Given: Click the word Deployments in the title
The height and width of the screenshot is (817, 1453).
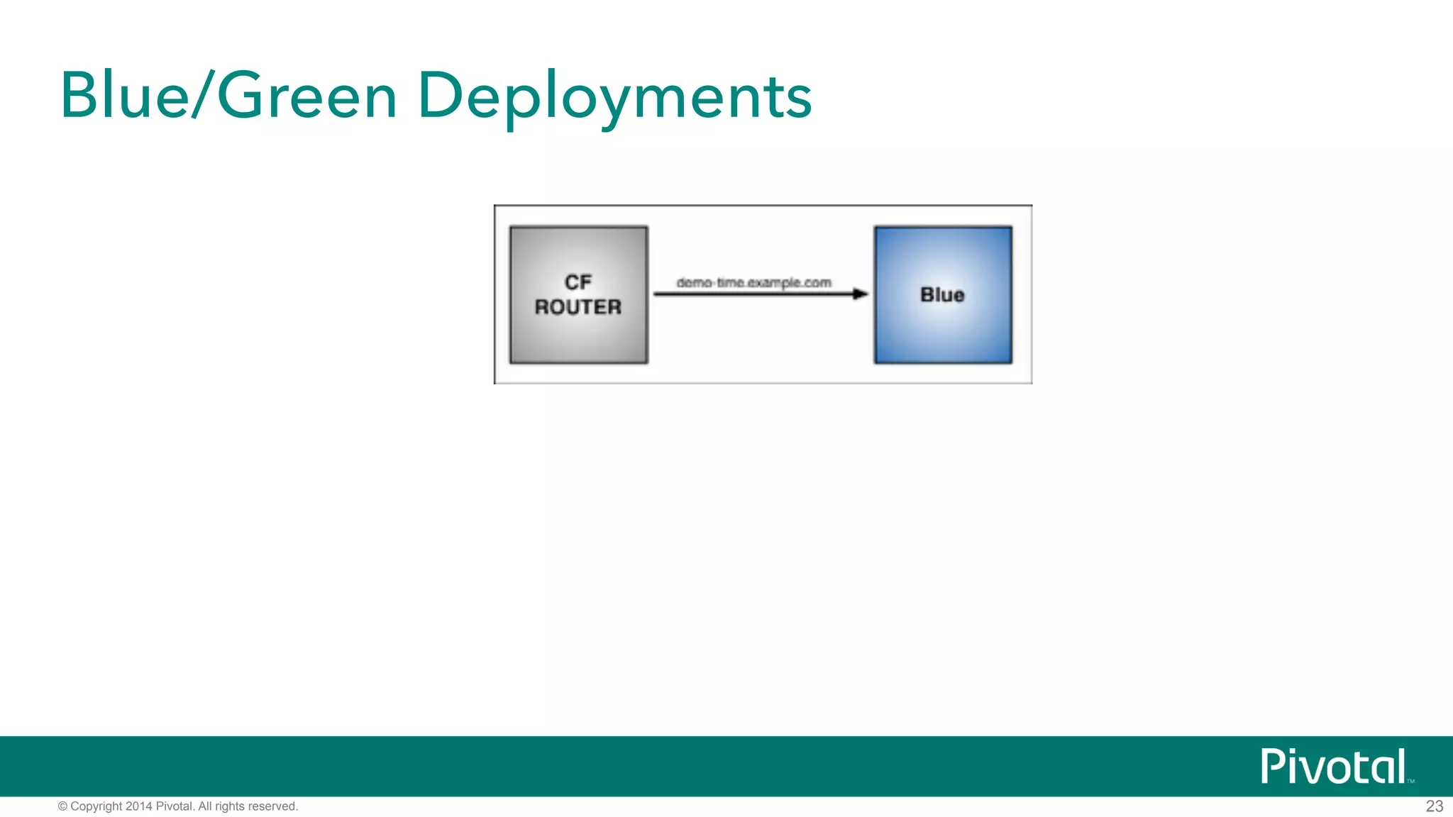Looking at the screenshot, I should pos(614,97).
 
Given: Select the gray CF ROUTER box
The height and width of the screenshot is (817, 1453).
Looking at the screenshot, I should pos(579,333).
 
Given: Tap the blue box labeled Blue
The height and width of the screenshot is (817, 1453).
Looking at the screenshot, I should pos(943,333).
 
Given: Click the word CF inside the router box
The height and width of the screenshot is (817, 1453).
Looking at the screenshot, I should pos(578,282).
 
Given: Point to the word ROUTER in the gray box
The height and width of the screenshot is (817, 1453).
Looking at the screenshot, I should pos(578,307).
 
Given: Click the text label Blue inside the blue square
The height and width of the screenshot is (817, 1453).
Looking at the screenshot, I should pos(942,294).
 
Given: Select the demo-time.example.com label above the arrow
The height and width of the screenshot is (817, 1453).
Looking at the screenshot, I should pos(753,282).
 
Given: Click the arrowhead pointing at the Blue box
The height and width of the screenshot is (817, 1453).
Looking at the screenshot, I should pos(861,294).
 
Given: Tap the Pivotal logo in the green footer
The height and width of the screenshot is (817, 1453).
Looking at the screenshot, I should pos(1333,767).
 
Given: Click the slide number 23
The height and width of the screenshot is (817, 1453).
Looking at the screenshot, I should pos(1434,806).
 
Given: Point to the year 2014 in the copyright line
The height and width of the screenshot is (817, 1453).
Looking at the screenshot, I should pos(139,806).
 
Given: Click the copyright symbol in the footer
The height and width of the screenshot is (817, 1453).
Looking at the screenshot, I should pos(62,806).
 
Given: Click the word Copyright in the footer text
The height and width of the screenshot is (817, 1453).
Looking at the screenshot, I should pos(96,806).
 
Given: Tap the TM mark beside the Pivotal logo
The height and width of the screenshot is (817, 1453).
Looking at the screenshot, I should pos(1410,781).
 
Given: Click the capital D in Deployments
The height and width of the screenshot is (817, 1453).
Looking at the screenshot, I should pos(441,95).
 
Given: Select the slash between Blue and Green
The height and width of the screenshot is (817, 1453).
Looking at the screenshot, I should pos(203,96).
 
